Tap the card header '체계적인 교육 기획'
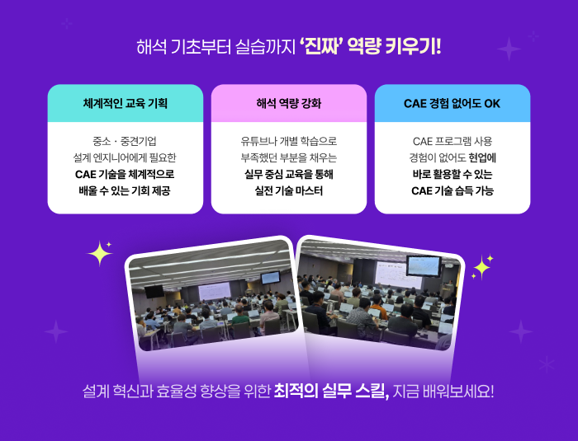pos(126,103)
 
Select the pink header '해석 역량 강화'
pos(289,103)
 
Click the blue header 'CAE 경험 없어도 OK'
pos(452,103)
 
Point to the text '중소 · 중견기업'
pos(125,141)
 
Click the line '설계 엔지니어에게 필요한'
pos(125,158)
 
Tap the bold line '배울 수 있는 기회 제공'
pos(125,190)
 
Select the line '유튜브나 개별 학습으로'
pos(289,141)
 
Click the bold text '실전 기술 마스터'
pos(289,190)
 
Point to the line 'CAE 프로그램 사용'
pos(452,141)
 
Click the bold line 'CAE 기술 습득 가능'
pos(452,190)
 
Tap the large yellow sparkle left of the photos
pos(100,253)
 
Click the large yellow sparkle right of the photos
pos(481,268)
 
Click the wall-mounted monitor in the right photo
pos(424,265)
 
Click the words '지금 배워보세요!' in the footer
pos(443,391)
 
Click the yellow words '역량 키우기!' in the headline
pos(394,47)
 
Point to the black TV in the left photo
pos(154,292)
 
